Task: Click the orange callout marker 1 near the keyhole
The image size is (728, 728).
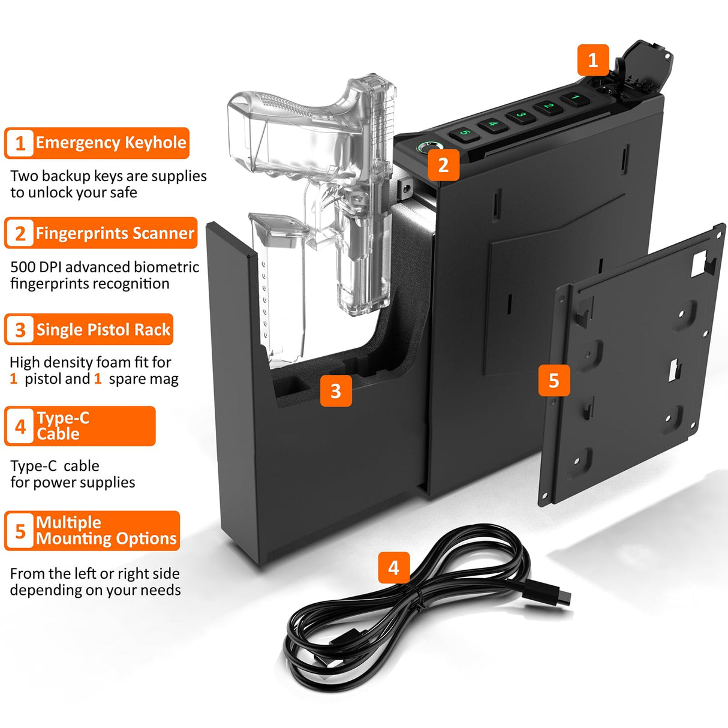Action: coord(593,60)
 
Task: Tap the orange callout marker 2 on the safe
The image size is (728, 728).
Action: coord(443,165)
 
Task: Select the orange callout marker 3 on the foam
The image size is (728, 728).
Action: coord(336,391)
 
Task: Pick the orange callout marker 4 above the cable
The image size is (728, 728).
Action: coord(393,567)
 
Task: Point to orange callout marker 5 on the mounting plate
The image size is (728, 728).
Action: coord(554,381)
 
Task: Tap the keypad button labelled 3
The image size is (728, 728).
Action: coord(521,115)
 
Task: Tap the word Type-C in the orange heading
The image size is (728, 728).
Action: coord(63,418)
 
